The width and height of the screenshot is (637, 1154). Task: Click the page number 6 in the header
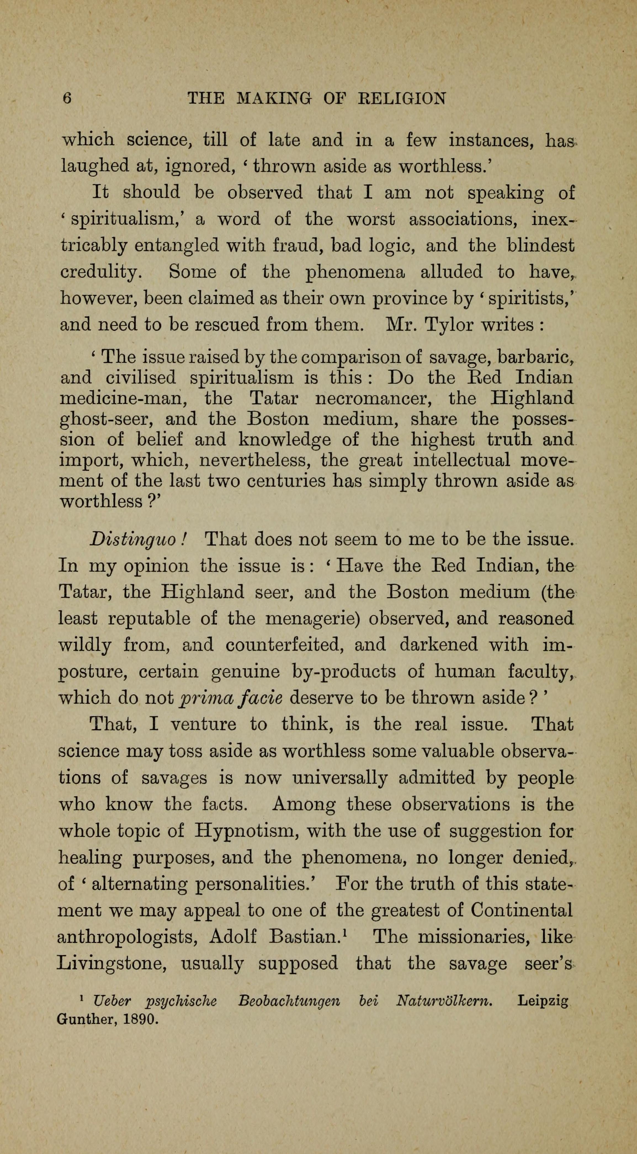(x=67, y=98)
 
